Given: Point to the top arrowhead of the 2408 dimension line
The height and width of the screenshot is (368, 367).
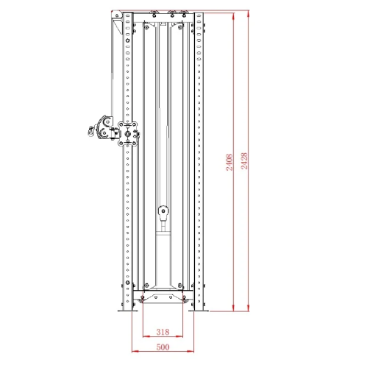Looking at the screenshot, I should click(x=234, y=15).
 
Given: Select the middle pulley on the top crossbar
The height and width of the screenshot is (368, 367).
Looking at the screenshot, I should click(x=171, y=14).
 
